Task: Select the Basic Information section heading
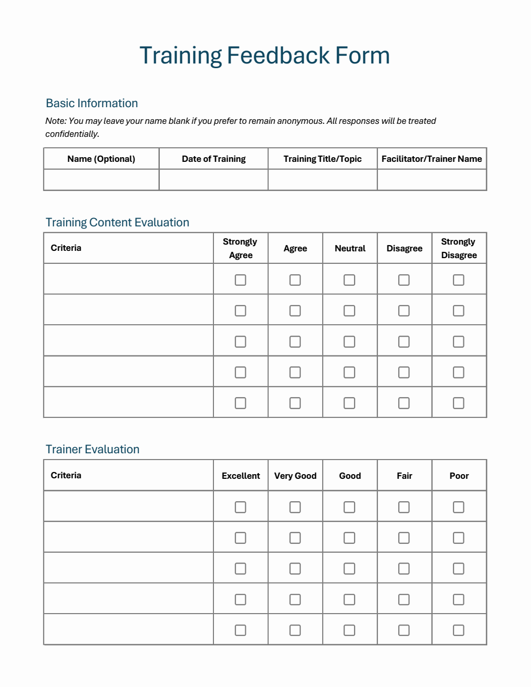pos(92,103)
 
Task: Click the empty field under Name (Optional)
pos(101,180)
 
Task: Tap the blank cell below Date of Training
pos(213,180)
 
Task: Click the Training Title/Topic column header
pos(322,159)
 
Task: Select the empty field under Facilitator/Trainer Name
pos(432,180)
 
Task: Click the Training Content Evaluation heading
pos(117,222)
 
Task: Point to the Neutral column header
pos(350,248)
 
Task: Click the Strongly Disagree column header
pos(459,248)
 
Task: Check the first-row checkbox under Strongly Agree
pos(241,280)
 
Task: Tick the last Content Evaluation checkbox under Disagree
pos(404,403)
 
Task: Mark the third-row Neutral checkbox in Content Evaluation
pos(349,341)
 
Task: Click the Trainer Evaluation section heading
pos(92,449)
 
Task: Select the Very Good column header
pos(295,476)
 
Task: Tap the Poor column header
pos(459,476)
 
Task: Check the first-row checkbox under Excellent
pos(241,507)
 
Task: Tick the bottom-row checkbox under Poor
pos(459,630)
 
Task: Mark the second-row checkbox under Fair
pos(404,538)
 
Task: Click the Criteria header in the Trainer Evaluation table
pos(66,475)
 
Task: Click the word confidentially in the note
pos(72,134)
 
